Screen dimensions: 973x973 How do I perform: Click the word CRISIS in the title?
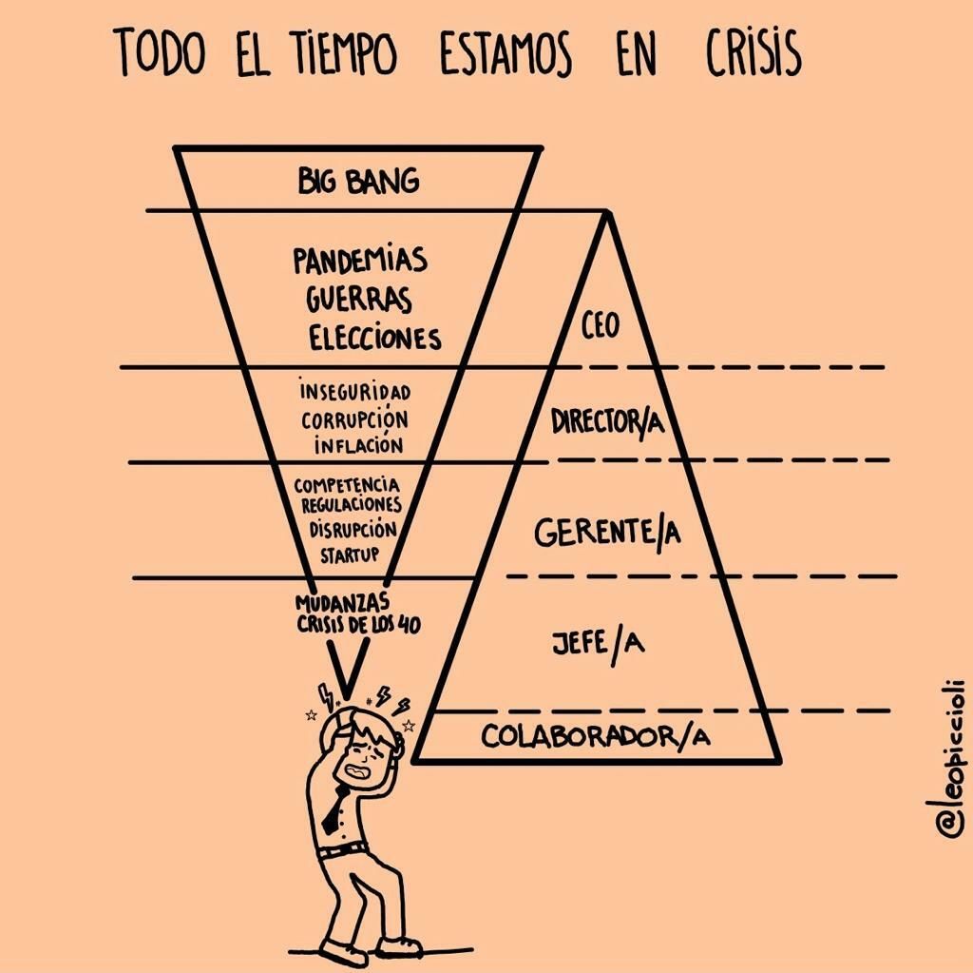pos(754,53)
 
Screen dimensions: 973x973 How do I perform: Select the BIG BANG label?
pos(358,181)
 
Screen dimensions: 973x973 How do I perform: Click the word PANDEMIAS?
pos(360,261)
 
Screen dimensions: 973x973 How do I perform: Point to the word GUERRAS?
pos(359,299)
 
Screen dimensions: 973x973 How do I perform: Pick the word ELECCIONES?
pos(375,338)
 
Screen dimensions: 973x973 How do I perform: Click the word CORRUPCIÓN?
pos(354,418)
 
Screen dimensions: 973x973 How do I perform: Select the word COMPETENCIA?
pos(347,485)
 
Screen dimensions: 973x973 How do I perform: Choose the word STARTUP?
pos(349,554)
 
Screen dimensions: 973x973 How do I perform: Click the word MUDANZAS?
pos(342,603)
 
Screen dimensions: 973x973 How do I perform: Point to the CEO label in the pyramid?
pos(600,326)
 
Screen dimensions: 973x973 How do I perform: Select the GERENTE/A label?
pos(607,533)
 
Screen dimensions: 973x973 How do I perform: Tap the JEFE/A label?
pos(598,644)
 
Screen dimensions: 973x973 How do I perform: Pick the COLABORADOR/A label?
pos(596,736)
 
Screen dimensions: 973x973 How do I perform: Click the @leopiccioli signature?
pos(949,758)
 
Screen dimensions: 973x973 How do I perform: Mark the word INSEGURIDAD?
pos(354,391)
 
